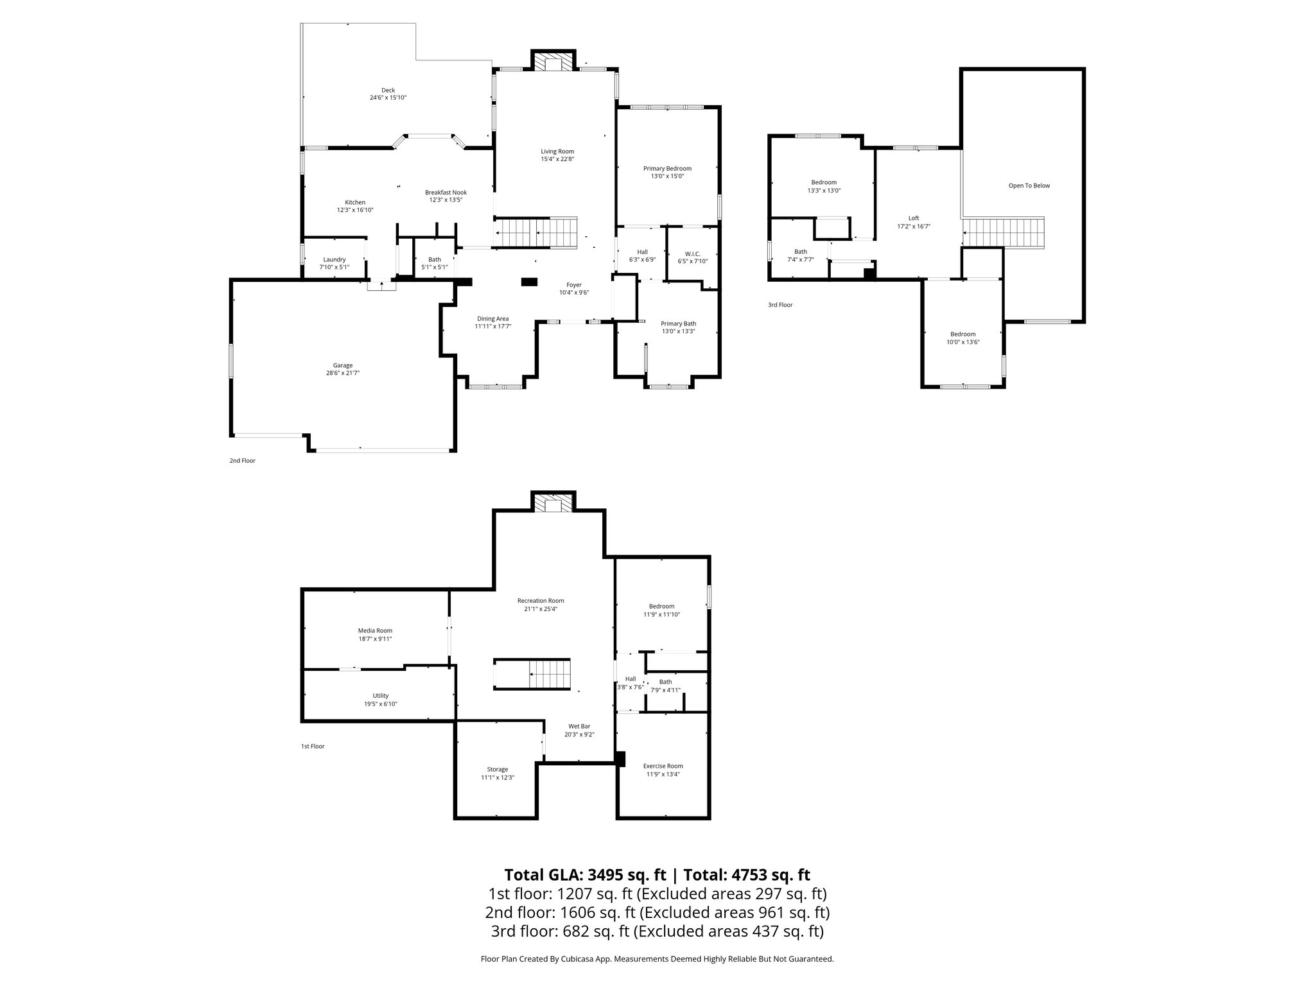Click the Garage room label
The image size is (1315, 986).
pos(342,365)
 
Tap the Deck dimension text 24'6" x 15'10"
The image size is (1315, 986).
pos(388,98)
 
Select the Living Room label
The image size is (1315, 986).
pos(557,151)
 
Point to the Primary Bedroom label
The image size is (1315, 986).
pos(667,168)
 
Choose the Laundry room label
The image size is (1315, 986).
pos(334,259)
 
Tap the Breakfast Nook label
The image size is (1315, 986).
pos(446,193)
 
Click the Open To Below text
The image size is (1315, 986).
pos(1029,186)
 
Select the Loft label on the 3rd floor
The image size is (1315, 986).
pos(913,218)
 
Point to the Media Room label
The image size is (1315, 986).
pos(375,630)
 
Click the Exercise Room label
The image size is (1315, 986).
pos(663,766)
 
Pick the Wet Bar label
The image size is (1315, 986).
pos(579,727)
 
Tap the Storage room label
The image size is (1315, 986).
pos(498,769)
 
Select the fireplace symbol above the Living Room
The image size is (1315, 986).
pos(552,61)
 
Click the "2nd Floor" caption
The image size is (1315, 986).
pos(243,460)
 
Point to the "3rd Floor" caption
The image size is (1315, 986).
pos(780,305)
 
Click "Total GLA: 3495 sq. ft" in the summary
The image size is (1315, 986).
pos(585,875)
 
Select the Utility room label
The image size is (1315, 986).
pos(380,696)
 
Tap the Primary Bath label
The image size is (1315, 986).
pos(678,324)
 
